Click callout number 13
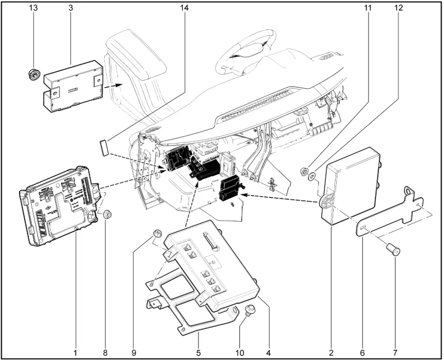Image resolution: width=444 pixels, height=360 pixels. pyautogui.click(x=33, y=9)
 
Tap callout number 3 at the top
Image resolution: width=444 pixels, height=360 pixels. pyautogui.click(x=70, y=9)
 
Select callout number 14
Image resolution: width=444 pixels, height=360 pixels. pyautogui.click(x=185, y=9)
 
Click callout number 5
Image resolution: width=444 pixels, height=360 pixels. pyautogui.click(x=198, y=350)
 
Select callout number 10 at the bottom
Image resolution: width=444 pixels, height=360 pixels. pyautogui.click(x=240, y=350)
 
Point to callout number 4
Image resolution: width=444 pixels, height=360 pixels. pyautogui.click(x=268, y=350)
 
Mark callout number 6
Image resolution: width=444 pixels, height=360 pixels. pyautogui.click(x=363, y=350)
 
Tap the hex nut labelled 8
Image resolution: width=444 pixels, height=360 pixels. pyautogui.click(x=107, y=215)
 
